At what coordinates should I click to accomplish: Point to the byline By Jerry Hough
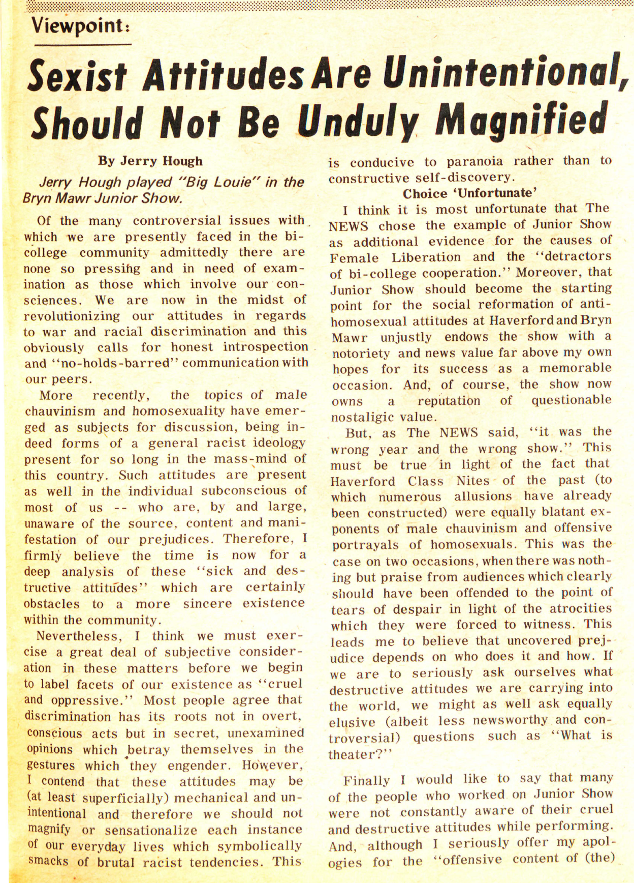pos(150,161)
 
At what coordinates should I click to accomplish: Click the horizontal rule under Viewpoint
pos(81,44)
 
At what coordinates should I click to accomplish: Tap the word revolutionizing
pos(72,316)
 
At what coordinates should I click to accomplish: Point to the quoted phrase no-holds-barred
pos(111,363)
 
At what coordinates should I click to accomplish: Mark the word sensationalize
pos(151,830)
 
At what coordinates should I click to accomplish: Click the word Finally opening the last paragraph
pos(366,780)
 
